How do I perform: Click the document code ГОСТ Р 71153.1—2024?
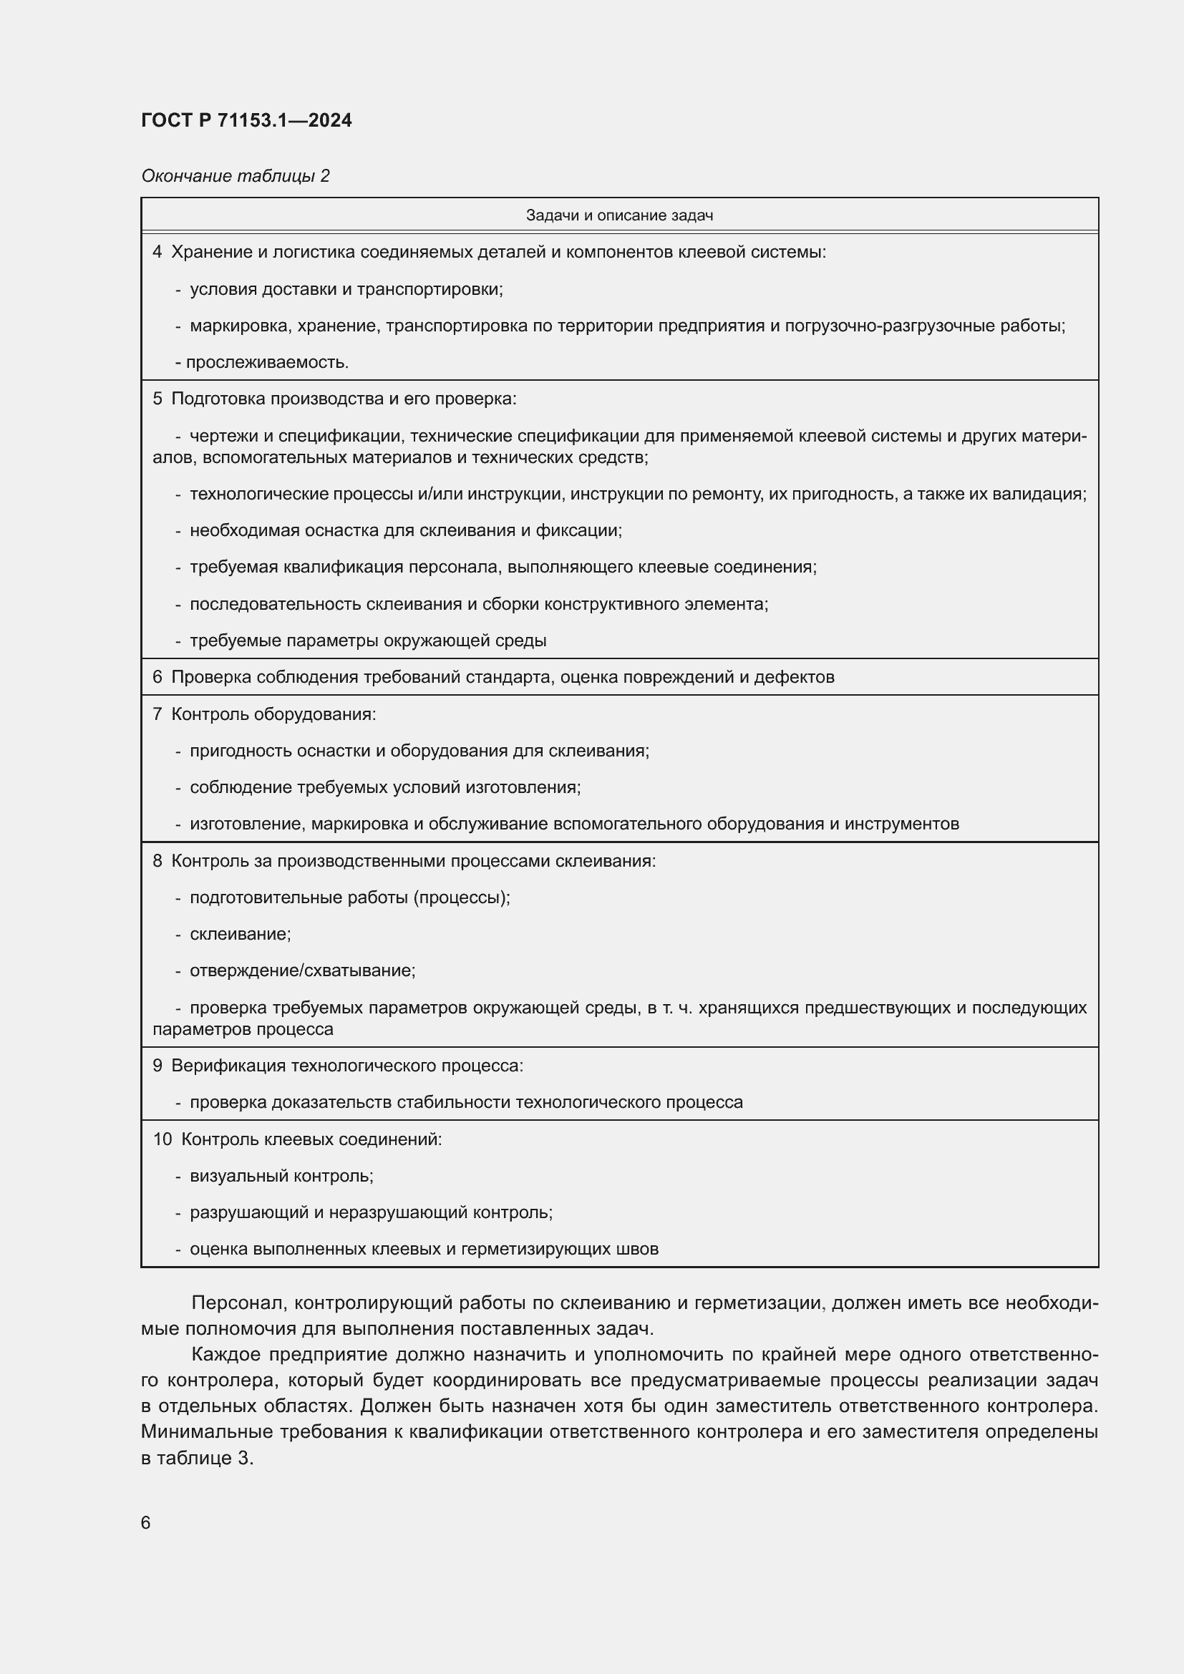click(246, 120)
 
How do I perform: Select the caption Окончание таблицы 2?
click(235, 176)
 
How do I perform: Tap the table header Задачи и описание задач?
click(619, 215)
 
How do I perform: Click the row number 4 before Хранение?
click(157, 252)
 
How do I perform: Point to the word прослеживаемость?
click(267, 362)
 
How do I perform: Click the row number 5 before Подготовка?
click(157, 399)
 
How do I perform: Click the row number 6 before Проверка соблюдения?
click(157, 676)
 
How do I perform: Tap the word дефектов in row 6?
click(793, 676)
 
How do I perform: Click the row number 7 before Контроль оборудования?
click(157, 714)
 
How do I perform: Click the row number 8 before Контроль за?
click(157, 860)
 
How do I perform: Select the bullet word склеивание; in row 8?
click(240, 934)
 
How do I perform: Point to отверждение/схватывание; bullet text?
click(303, 970)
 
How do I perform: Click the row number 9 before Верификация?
click(157, 1065)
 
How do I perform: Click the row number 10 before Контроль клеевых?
click(162, 1139)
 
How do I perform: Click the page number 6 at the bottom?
click(146, 1522)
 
